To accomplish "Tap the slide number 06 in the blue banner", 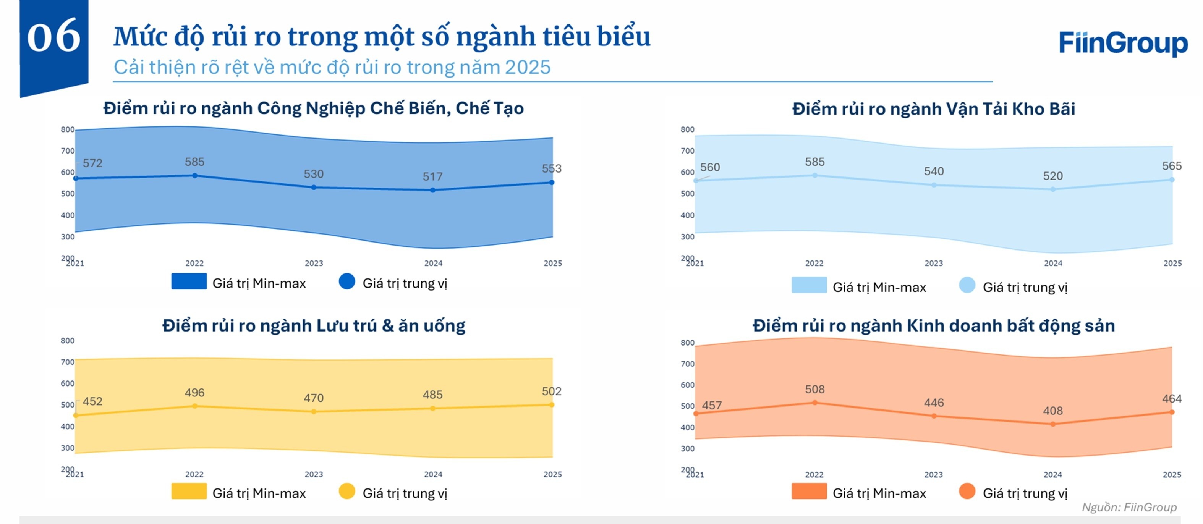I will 54,36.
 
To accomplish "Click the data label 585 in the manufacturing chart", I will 194,162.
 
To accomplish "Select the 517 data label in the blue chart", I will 432,177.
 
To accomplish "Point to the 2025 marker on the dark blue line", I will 552,183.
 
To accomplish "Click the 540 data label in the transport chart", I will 934,171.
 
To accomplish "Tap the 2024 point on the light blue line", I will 1052,189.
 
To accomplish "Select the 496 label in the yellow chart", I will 194,393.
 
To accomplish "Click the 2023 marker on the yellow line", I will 314,411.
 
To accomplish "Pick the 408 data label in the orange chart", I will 1052,411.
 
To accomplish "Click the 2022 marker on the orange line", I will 814,403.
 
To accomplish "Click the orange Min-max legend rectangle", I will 809,491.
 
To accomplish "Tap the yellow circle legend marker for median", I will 346,491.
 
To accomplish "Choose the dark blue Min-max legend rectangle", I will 189,281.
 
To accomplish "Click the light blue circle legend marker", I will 967,285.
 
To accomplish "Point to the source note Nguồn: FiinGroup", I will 1129,507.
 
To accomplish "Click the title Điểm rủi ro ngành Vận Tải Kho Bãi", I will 933,109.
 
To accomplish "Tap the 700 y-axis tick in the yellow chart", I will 68,362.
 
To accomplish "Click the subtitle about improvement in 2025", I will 332,68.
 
